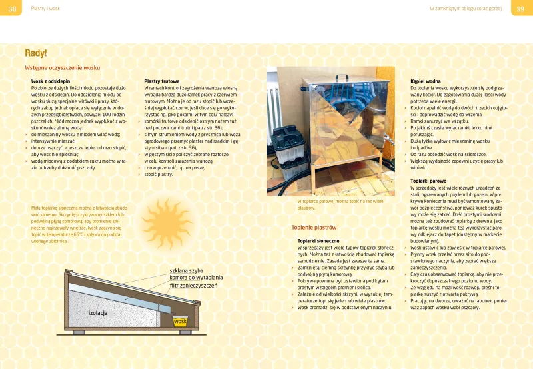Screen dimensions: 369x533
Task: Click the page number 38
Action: pyautogui.click(x=12, y=8)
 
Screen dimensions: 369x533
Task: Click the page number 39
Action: pyautogui.click(x=521, y=8)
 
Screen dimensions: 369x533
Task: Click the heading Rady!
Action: pyautogui.click(x=35, y=53)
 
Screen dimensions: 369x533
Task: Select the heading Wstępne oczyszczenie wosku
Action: pyautogui.click(x=62, y=68)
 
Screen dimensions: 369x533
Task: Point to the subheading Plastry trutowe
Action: pyautogui.click(x=161, y=81)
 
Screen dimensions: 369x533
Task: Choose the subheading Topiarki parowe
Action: pyautogui.click(x=428, y=181)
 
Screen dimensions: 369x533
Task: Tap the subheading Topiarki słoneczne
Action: pyautogui.click(x=318, y=240)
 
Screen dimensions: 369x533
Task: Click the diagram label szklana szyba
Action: pyautogui.click(x=185, y=271)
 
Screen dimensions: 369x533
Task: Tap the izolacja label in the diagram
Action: pyautogui.click(x=98, y=313)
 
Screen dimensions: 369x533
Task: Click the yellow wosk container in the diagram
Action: pyautogui.click(x=179, y=322)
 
